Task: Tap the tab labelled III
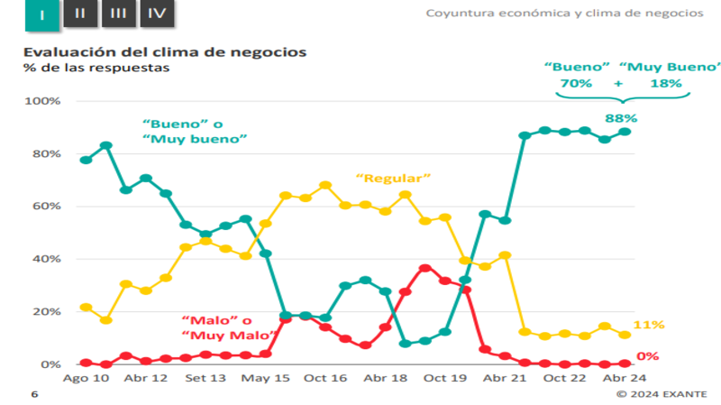pos(117,13)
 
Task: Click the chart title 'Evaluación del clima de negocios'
pos(165,51)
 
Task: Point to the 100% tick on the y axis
pos(42,101)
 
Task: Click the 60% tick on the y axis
pos(45,207)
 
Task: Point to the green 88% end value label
pos(621,118)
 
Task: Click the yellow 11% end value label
pos(648,325)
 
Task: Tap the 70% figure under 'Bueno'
pos(576,83)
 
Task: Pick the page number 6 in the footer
pos(34,394)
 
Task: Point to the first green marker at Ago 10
pos(86,160)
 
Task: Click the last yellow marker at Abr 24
pos(625,335)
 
